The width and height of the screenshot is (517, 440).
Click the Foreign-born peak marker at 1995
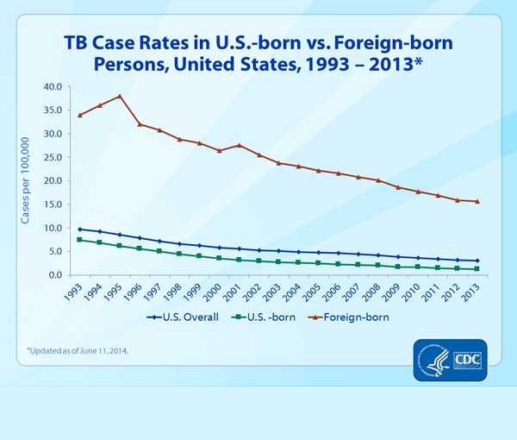click(x=120, y=96)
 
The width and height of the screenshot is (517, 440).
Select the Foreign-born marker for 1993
click(x=80, y=115)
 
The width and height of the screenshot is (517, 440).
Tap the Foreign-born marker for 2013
click(x=477, y=202)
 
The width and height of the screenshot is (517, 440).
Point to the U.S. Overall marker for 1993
click(x=80, y=229)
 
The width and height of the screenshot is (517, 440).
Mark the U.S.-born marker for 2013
click(x=477, y=269)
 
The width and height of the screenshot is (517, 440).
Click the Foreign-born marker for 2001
click(x=239, y=145)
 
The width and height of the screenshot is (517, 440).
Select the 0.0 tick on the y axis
click(x=53, y=275)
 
